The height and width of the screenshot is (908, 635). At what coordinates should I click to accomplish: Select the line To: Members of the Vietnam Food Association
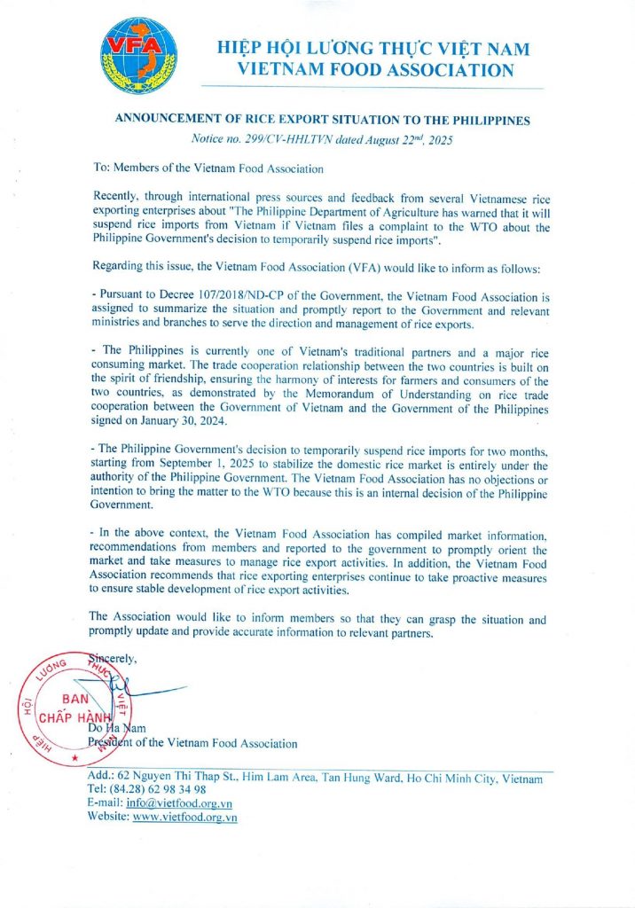[208, 168]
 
